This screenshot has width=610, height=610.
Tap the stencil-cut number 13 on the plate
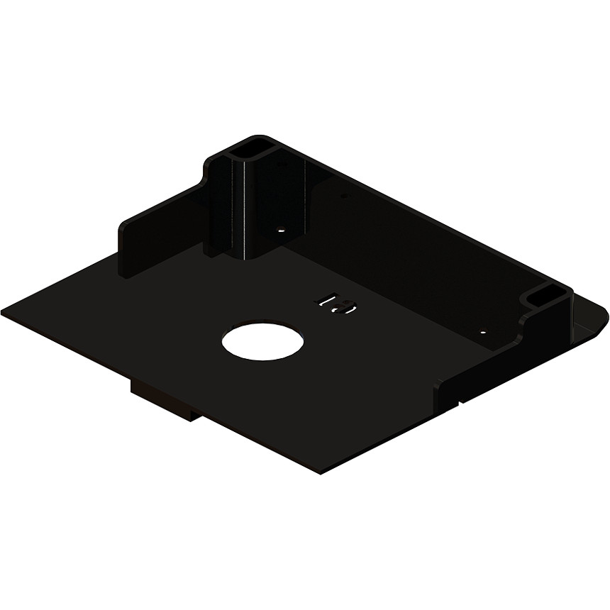tap(335, 304)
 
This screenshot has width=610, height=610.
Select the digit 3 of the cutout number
tap(345, 307)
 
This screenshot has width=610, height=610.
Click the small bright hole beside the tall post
tap(280, 231)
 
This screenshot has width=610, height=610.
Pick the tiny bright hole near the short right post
tap(482, 331)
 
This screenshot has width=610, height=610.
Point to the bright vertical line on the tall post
tap(247, 206)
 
